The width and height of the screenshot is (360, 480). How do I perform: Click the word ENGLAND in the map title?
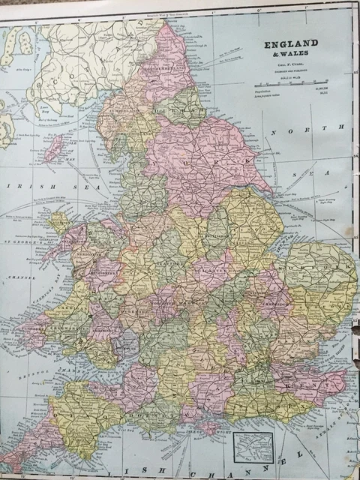pos(290,43)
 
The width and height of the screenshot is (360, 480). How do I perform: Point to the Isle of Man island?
pos(55,148)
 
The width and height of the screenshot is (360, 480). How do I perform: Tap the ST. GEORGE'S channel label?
pos(22,241)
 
